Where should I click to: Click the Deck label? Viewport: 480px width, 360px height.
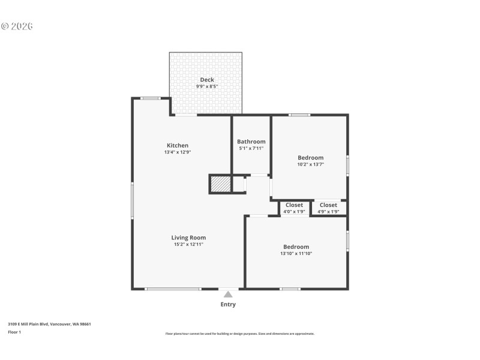(206, 80)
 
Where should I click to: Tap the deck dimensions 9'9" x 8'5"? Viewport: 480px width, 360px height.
(206, 86)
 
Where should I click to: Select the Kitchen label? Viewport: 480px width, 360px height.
(178, 145)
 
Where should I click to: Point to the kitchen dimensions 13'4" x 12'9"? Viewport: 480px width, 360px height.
(178, 152)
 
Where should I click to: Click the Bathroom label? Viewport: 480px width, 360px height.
(251, 142)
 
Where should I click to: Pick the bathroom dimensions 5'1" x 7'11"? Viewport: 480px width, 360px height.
(251, 148)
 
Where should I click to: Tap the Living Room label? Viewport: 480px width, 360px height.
(188, 238)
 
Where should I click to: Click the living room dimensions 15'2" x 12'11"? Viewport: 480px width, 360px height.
(188, 244)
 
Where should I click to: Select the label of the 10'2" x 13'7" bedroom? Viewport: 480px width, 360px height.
(311, 158)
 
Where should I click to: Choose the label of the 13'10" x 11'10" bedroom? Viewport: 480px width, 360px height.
(296, 247)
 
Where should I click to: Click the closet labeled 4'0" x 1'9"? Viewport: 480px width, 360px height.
(294, 205)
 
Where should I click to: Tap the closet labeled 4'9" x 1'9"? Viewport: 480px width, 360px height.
(328, 205)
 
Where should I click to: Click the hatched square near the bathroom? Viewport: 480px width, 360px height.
(220, 184)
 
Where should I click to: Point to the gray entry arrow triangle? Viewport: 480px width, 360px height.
(228, 294)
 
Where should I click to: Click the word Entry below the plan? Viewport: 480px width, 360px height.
(228, 305)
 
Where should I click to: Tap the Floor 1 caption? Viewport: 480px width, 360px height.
(14, 332)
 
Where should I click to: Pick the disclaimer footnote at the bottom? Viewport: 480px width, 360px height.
(239, 334)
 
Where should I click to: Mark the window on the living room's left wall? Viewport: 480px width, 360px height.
(133, 200)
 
